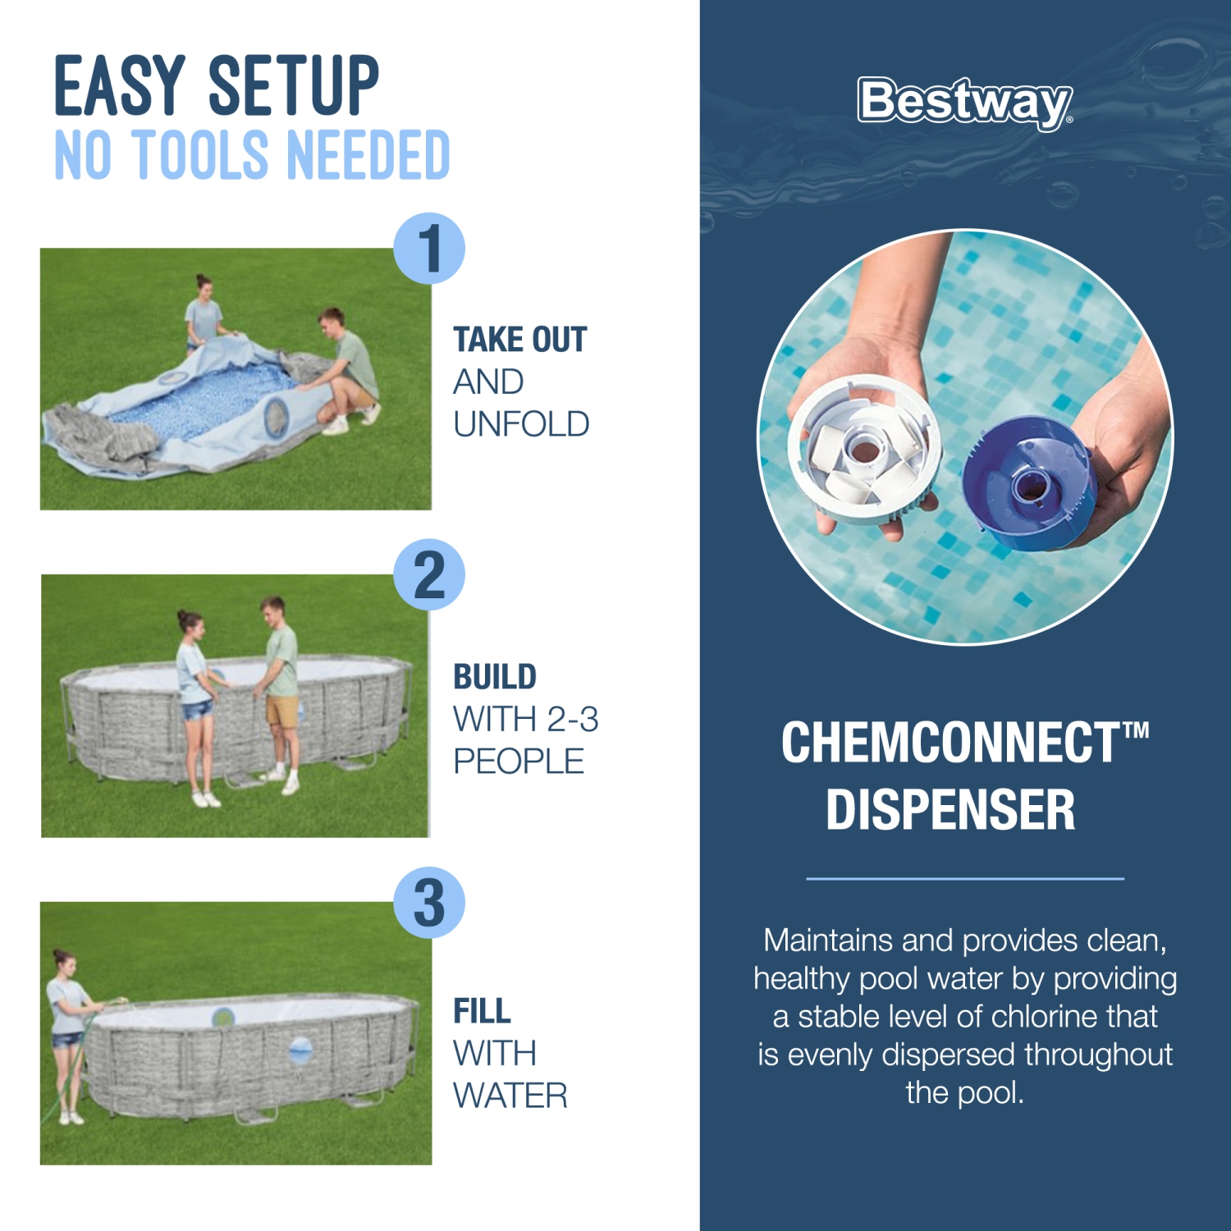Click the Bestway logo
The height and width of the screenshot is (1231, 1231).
point(964,103)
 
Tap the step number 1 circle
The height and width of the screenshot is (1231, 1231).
point(429,248)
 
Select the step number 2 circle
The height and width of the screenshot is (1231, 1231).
point(429,574)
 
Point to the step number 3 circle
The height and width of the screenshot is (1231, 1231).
point(429,903)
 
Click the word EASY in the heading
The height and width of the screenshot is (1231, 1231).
point(120,86)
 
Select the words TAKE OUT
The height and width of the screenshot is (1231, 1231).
point(519,340)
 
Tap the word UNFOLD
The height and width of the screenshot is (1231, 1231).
point(521,424)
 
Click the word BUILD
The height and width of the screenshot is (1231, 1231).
point(495,677)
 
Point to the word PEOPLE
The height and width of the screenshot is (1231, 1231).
point(519,762)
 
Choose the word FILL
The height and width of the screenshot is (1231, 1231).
point(482,1011)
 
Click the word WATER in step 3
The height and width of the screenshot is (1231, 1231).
point(510,1096)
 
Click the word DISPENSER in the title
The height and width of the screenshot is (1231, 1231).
point(950,810)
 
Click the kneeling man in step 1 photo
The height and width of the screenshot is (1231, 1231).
point(345,369)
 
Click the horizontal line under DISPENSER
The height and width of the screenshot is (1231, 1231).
point(965,878)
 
